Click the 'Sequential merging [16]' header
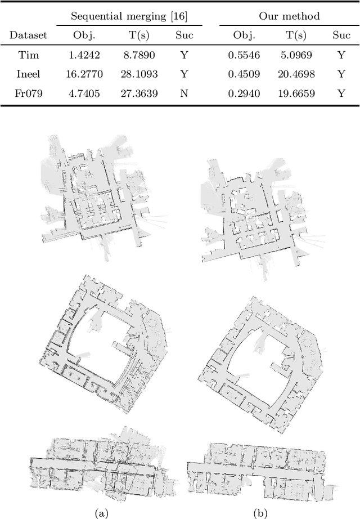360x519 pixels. click(129, 16)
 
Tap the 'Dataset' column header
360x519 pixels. click(28, 35)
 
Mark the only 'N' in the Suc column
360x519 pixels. click(183, 93)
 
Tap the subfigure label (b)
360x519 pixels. click(259, 512)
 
